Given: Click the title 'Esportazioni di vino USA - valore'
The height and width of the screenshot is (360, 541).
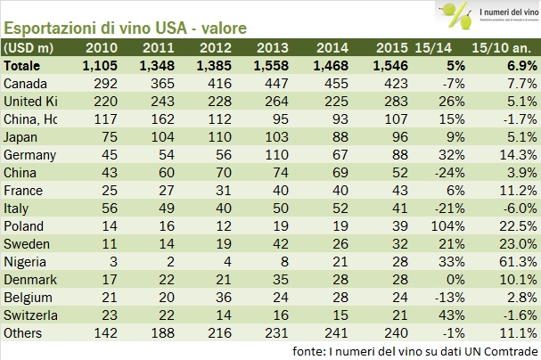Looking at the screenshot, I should click(126, 26).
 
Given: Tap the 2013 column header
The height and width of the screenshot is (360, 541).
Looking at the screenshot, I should click(274, 48).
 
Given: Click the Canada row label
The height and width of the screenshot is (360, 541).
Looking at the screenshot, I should click(26, 83).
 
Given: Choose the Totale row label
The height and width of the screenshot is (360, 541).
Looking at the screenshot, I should click(25, 66).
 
